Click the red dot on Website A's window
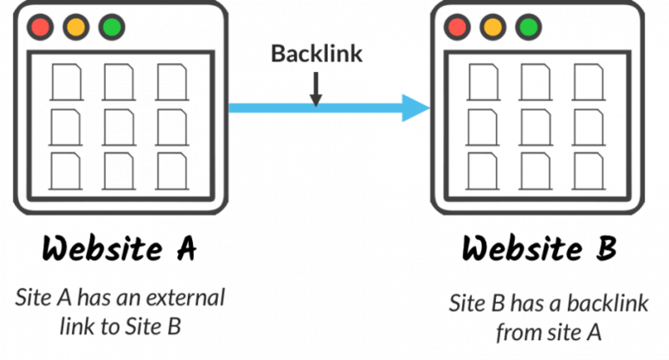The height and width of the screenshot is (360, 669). (x=40, y=27)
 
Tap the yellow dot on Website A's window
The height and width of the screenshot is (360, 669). (x=75, y=27)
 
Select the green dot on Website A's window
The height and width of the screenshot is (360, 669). (x=111, y=27)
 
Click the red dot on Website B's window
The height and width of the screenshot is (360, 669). (x=458, y=27)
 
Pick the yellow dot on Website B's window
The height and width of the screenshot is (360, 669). (x=492, y=27)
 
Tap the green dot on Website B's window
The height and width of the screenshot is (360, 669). (x=526, y=27)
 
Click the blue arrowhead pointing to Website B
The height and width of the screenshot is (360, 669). (x=415, y=107)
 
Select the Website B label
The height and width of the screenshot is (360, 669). (x=537, y=251)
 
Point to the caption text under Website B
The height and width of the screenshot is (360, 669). (x=537, y=316)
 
